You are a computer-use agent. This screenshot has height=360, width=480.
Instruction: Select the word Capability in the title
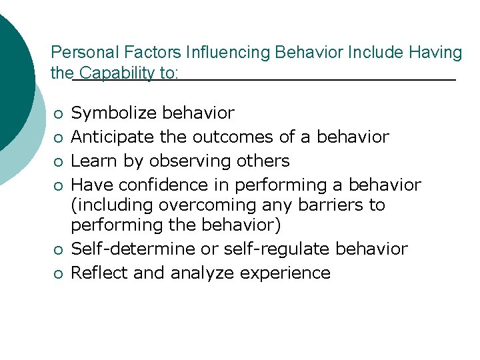[117, 73]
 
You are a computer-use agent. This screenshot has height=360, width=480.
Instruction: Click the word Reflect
[97, 273]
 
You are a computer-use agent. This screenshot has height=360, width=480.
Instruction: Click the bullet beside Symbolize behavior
[59, 114]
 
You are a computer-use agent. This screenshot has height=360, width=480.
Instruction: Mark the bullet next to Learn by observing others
[59, 162]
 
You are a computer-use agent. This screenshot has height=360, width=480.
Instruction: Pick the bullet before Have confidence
[59, 185]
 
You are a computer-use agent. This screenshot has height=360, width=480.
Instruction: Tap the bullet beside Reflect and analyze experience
[59, 273]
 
